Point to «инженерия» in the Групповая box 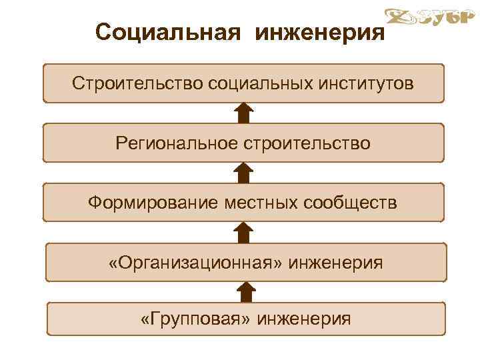(x=306, y=319)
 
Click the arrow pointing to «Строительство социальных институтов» (x=244, y=113)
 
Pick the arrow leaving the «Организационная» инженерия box (x=244, y=232)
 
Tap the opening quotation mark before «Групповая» (x=145, y=319)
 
